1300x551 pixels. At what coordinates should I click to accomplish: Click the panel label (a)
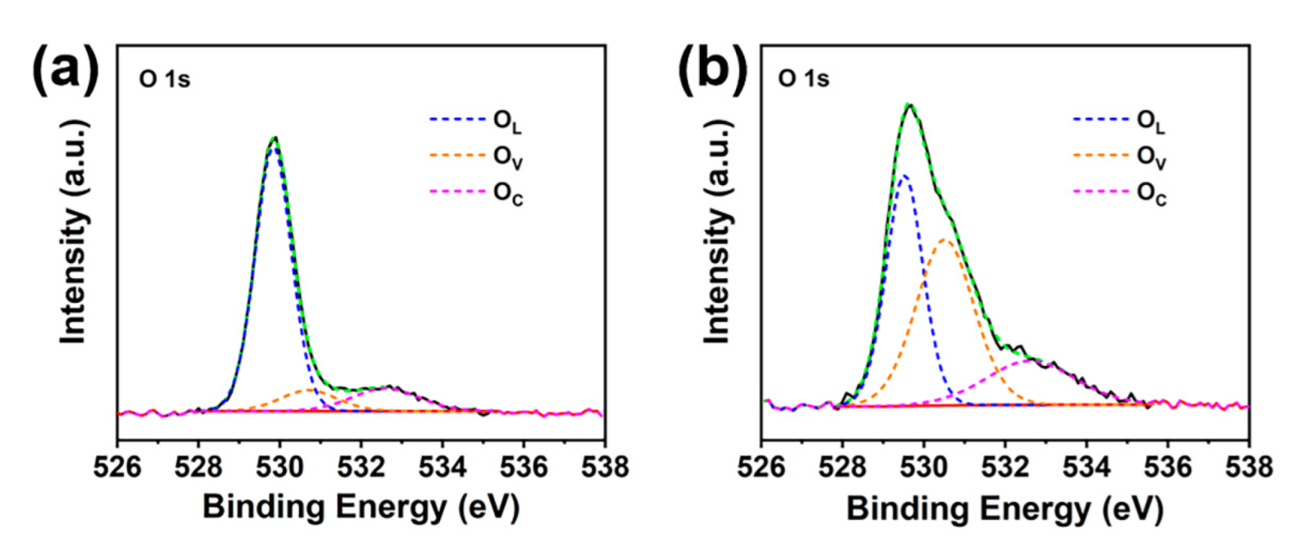[65, 69]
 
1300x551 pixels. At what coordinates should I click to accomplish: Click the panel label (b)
[711, 69]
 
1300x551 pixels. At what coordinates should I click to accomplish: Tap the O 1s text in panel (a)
[165, 79]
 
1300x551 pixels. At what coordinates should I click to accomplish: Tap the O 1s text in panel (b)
[804, 79]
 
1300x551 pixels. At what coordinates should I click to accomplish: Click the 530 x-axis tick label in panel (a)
[280, 467]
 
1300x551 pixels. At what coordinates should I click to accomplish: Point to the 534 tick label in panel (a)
[442, 467]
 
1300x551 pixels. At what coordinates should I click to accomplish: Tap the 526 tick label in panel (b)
[762, 467]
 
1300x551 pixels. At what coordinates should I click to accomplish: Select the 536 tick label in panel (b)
[1167, 467]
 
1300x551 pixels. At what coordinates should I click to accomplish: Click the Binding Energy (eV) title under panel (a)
[361, 506]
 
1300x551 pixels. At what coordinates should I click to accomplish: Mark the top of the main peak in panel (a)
[275, 138]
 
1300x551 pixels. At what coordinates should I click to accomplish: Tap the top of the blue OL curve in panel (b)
[903, 175]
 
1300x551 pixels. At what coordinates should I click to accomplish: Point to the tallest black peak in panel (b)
[910, 105]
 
